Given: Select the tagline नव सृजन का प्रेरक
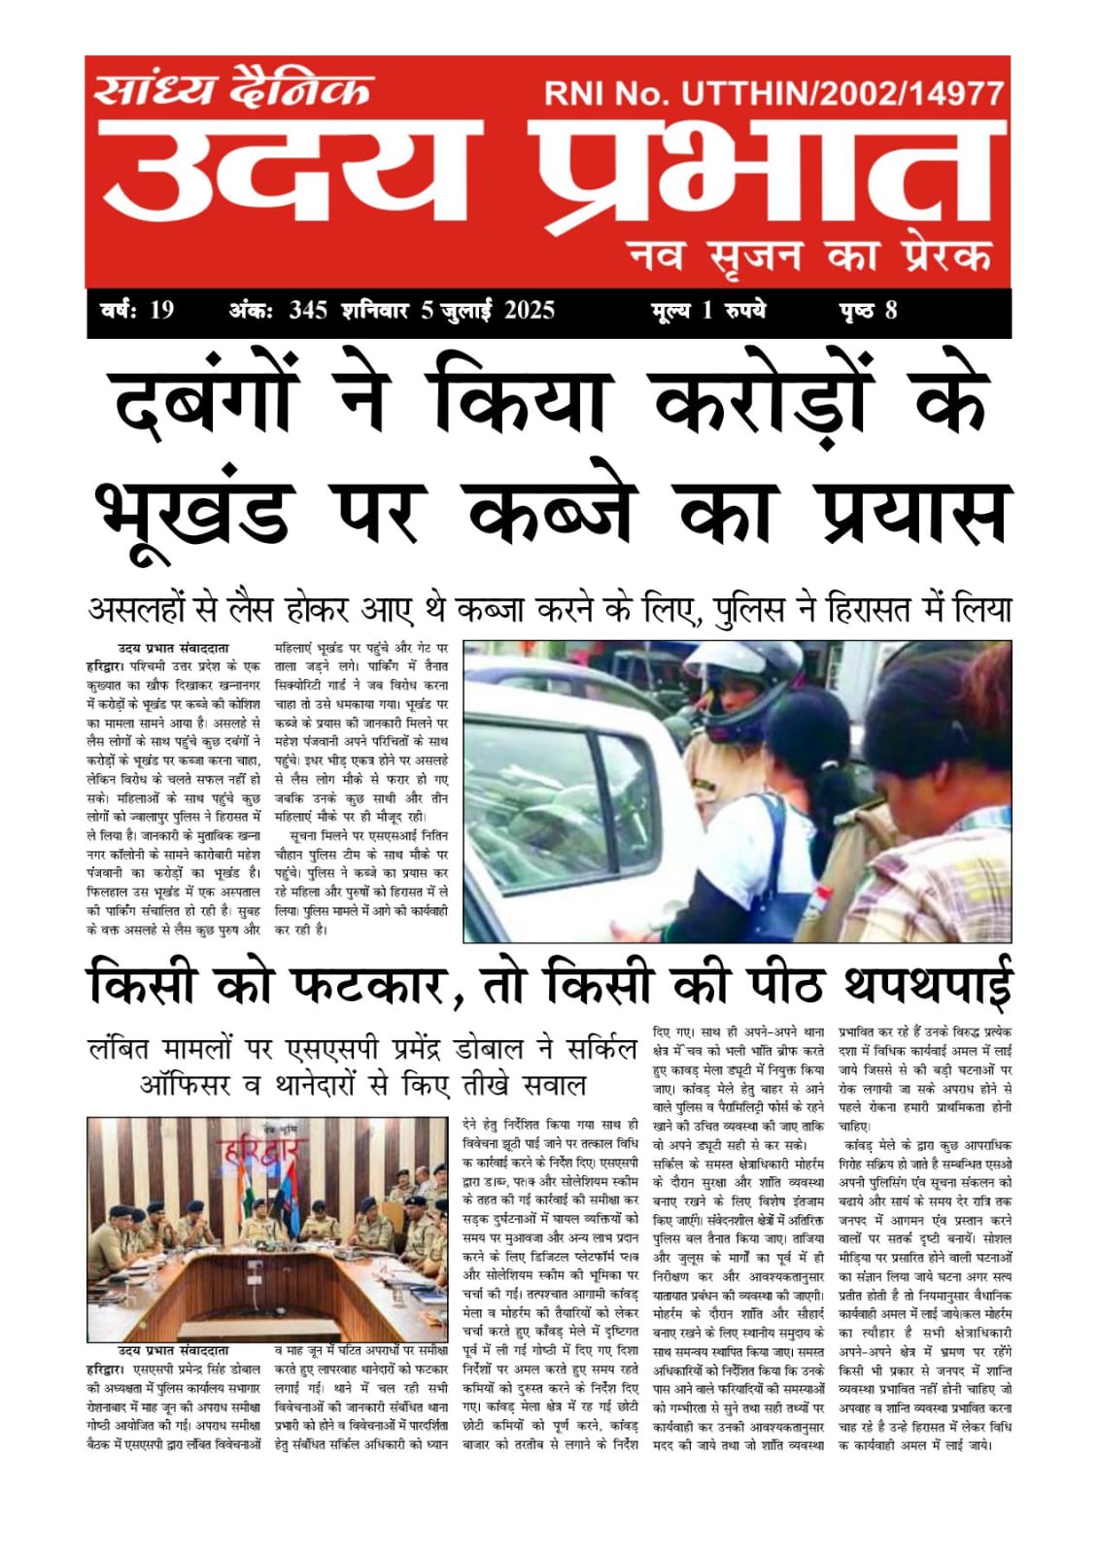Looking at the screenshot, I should tap(809, 254).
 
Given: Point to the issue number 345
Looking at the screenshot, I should tap(307, 311).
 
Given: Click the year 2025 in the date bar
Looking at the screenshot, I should tap(529, 311).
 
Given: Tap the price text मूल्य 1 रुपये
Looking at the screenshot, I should tap(708, 311).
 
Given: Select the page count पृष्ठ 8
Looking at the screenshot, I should tap(868, 311).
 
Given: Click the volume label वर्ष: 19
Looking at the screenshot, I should tap(137, 311).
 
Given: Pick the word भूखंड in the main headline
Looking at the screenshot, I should tap(194, 510).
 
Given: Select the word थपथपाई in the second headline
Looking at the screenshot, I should tap(928, 984).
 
